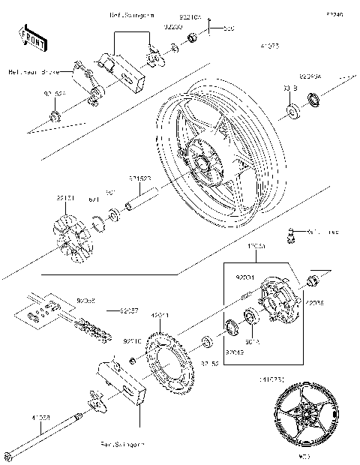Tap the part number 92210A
(190, 14)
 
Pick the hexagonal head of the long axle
(8, 454)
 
